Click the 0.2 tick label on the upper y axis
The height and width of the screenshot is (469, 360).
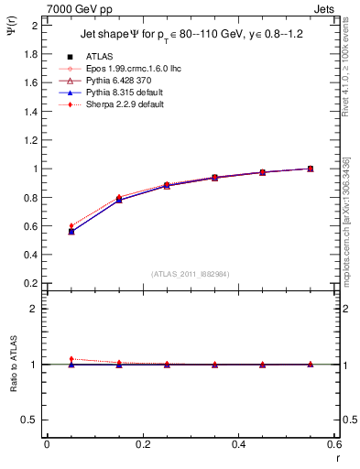coord(31,284)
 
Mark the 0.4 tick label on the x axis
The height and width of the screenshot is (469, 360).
coord(238,444)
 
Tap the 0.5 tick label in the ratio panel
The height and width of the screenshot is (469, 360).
coord(31,420)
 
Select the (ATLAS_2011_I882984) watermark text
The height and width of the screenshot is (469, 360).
coord(191,274)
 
